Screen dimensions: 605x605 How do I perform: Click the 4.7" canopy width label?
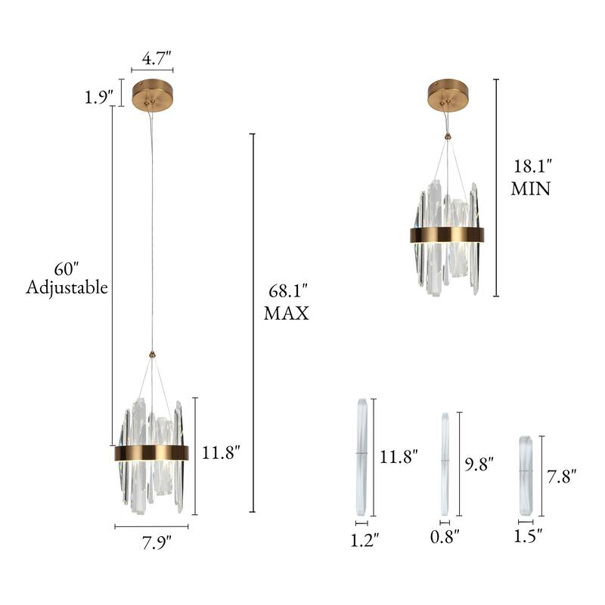click(x=157, y=58)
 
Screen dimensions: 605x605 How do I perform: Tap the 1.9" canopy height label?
click(x=99, y=97)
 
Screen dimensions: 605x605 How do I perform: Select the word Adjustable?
click(x=67, y=287)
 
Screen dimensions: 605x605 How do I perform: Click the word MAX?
click(x=286, y=313)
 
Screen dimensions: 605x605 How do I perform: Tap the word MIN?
click(x=530, y=188)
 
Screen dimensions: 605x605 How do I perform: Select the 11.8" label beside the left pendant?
click(x=222, y=454)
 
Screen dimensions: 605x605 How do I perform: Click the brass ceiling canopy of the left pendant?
click(x=152, y=94)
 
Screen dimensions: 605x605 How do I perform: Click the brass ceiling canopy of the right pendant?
click(x=448, y=94)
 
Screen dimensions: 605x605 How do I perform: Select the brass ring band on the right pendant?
click(x=447, y=234)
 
